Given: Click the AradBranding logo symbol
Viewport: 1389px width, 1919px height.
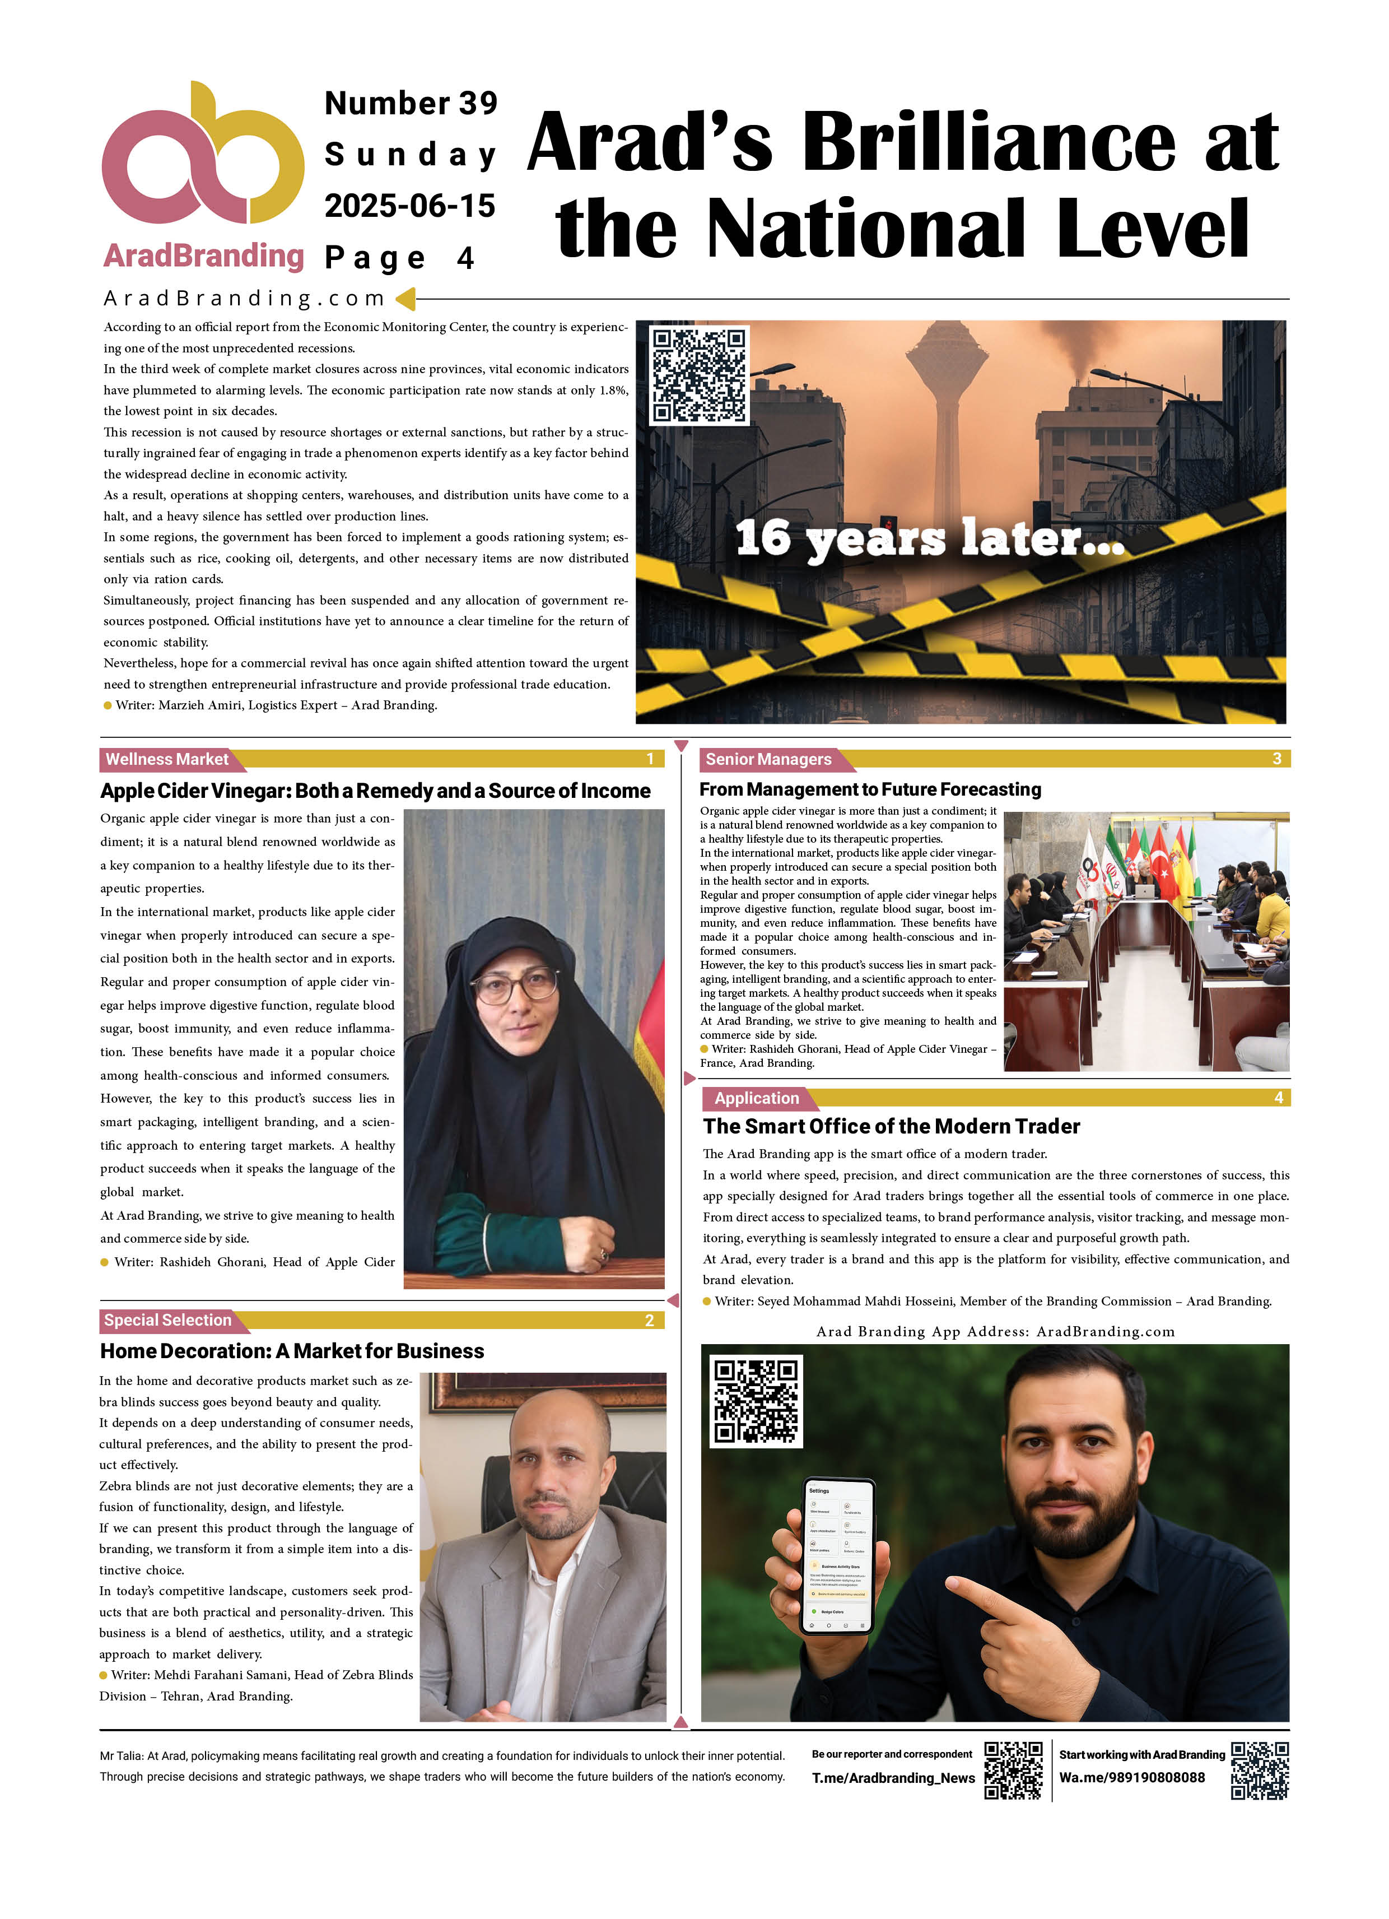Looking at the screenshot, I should click(202, 156).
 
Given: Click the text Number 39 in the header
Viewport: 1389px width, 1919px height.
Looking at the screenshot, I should click(411, 103).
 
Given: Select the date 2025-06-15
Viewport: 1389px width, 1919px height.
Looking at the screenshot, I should click(409, 206).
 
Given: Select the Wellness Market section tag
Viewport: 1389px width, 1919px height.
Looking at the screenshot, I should click(167, 759).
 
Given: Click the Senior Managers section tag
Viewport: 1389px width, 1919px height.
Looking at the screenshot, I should click(768, 759).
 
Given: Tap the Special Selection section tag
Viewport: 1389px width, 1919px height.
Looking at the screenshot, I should click(167, 1320).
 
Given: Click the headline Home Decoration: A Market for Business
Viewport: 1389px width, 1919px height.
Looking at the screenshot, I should click(292, 1351).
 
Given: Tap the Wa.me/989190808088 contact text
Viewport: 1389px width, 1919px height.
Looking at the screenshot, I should click(1132, 1778).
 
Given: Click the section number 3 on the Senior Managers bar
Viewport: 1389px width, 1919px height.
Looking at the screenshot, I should click(1276, 759).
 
